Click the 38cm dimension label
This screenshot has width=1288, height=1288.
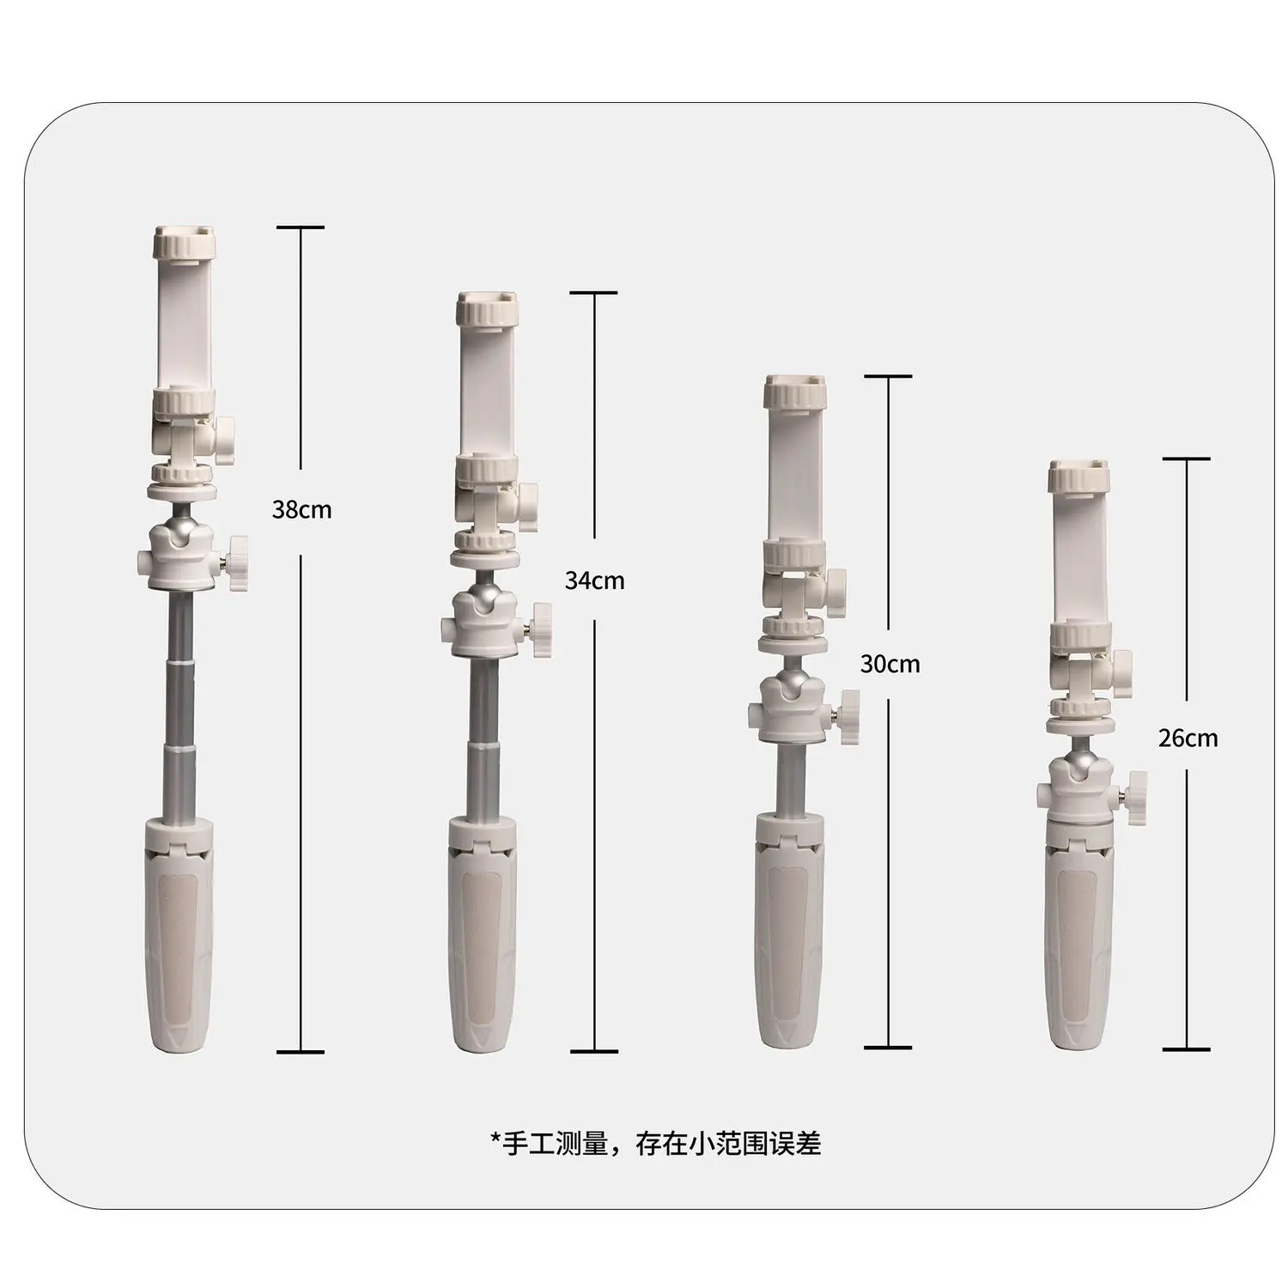[301, 509]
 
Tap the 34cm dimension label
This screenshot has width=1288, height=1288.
[594, 580]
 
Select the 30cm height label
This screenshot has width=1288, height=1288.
[890, 664]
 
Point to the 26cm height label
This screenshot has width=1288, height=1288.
[1188, 738]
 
